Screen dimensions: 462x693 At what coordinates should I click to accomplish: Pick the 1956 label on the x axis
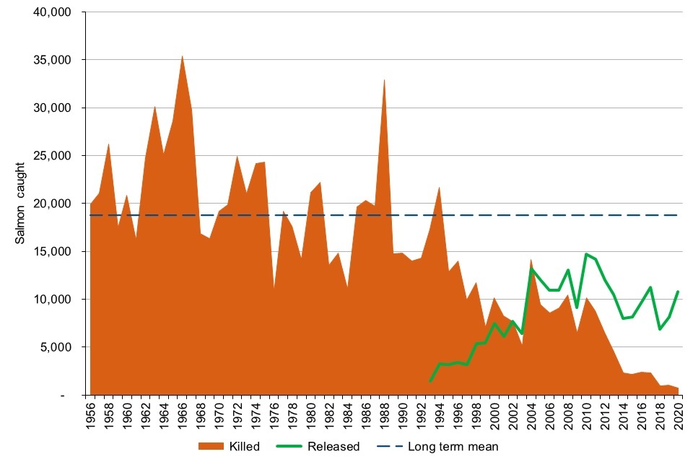pos(90,416)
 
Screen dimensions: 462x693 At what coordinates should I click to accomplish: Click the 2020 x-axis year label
pos(678,416)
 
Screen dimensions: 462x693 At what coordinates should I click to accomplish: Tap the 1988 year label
pos(384,416)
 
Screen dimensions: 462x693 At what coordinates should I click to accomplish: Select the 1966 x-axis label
pos(182,416)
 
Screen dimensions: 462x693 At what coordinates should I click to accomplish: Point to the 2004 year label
pos(531,416)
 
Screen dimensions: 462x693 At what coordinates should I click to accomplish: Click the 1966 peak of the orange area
pos(182,56)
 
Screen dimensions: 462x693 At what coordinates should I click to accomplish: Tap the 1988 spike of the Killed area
pos(384,79)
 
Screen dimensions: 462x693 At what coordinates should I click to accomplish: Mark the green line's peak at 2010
pos(586,254)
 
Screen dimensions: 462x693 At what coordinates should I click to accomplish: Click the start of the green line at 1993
pos(430,380)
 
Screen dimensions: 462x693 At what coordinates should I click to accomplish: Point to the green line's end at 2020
pos(678,292)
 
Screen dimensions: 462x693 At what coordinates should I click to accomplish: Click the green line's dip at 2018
pos(660,329)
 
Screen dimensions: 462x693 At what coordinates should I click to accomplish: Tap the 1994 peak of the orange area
pos(439,187)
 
